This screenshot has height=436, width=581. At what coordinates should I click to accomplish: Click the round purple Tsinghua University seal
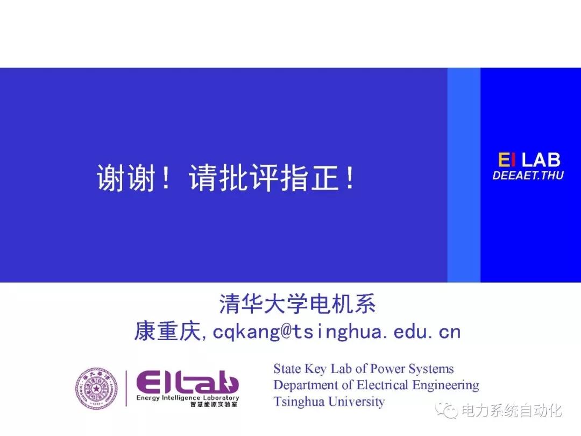click(x=96, y=389)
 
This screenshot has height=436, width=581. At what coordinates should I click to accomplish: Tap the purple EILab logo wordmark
click(x=187, y=383)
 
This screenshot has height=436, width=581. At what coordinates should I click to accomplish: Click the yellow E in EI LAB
click(x=504, y=160)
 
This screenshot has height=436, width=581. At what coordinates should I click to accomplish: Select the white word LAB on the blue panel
click(x=541, y=160)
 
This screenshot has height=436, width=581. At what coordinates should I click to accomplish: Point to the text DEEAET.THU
click(x=528, y=175)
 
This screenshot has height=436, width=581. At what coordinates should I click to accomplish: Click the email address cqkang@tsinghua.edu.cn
click(x=336, y=331)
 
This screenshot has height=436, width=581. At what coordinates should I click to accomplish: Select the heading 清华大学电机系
click(x=297, y=304)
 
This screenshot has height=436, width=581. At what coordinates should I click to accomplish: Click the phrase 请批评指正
click(x=264, y=178)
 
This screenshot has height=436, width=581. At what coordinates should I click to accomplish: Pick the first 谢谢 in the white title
click(x=125, y=178)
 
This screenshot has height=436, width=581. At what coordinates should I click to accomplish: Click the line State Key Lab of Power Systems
click(x=364, y=369)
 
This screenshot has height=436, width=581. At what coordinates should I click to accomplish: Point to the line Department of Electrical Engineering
click(x=376, y=385)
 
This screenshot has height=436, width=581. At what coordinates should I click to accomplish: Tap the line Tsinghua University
click(x=329, y=402)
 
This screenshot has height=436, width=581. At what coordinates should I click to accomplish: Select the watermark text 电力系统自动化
click(x=512, y=411)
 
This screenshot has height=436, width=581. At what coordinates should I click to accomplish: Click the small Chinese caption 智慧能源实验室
click(x=214, y=404)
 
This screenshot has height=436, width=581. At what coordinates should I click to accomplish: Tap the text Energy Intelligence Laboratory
click(x=188, y=398)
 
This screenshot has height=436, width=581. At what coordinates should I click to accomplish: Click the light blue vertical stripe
click(x=464, y=175)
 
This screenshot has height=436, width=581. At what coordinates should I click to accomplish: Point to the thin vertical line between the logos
click(x=126, y=388)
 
